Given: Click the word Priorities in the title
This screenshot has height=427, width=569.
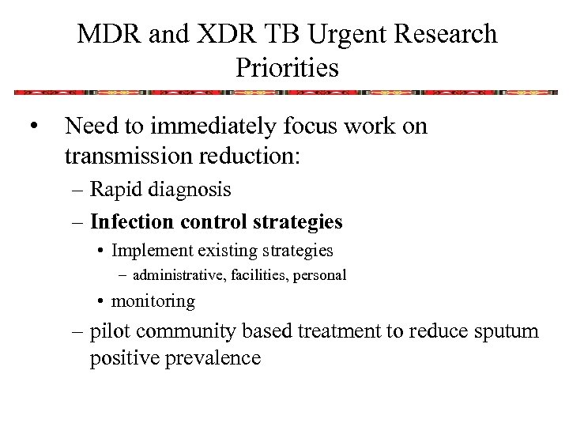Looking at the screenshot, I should click(287, 68).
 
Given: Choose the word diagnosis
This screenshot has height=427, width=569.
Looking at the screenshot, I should click(193, 190).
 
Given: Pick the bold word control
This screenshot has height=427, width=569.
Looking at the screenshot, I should click(214, 222).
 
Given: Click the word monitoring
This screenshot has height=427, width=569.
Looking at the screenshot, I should click(153, 301).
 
